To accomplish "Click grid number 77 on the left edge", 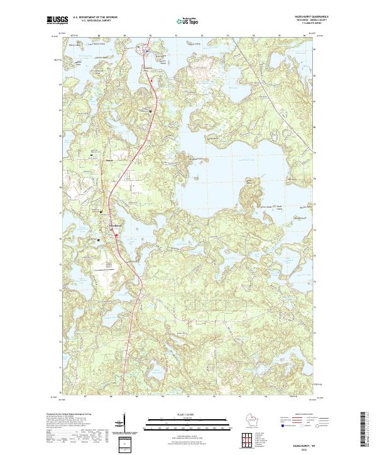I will click(x=61, y=213).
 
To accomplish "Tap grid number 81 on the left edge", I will click(x=61, y=110).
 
